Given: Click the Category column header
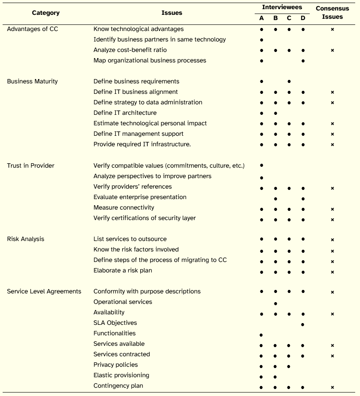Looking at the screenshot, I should click(46, 13).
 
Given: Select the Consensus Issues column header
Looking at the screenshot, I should click(332, 13).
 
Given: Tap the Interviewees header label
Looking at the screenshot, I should click(282, 7).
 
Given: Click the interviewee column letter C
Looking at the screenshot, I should click(289, 18).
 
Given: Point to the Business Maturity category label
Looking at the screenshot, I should click(32, 81).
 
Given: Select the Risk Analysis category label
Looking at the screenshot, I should click(26, 239).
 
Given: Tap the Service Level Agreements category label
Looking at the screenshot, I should click(44, 291).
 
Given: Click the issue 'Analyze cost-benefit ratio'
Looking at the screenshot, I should click(130, 50).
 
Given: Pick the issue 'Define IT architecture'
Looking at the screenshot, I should click(125, 113).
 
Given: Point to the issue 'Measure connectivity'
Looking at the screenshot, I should click(124, 207).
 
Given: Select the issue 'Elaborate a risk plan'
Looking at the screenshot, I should click(123, 270).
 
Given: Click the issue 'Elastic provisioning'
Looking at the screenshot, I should click(121, 375).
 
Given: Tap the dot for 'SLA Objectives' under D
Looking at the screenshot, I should click(303, 324).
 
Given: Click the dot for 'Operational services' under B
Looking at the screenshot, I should click(275, 303).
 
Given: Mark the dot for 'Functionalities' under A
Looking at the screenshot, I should click(261, 335).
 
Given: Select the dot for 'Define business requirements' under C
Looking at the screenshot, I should click(289, 82).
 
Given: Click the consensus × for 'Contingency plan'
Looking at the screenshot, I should click(332, 387).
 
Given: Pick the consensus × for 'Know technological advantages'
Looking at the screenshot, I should click(332, 29).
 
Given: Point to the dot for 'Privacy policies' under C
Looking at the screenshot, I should click(289, 366).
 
